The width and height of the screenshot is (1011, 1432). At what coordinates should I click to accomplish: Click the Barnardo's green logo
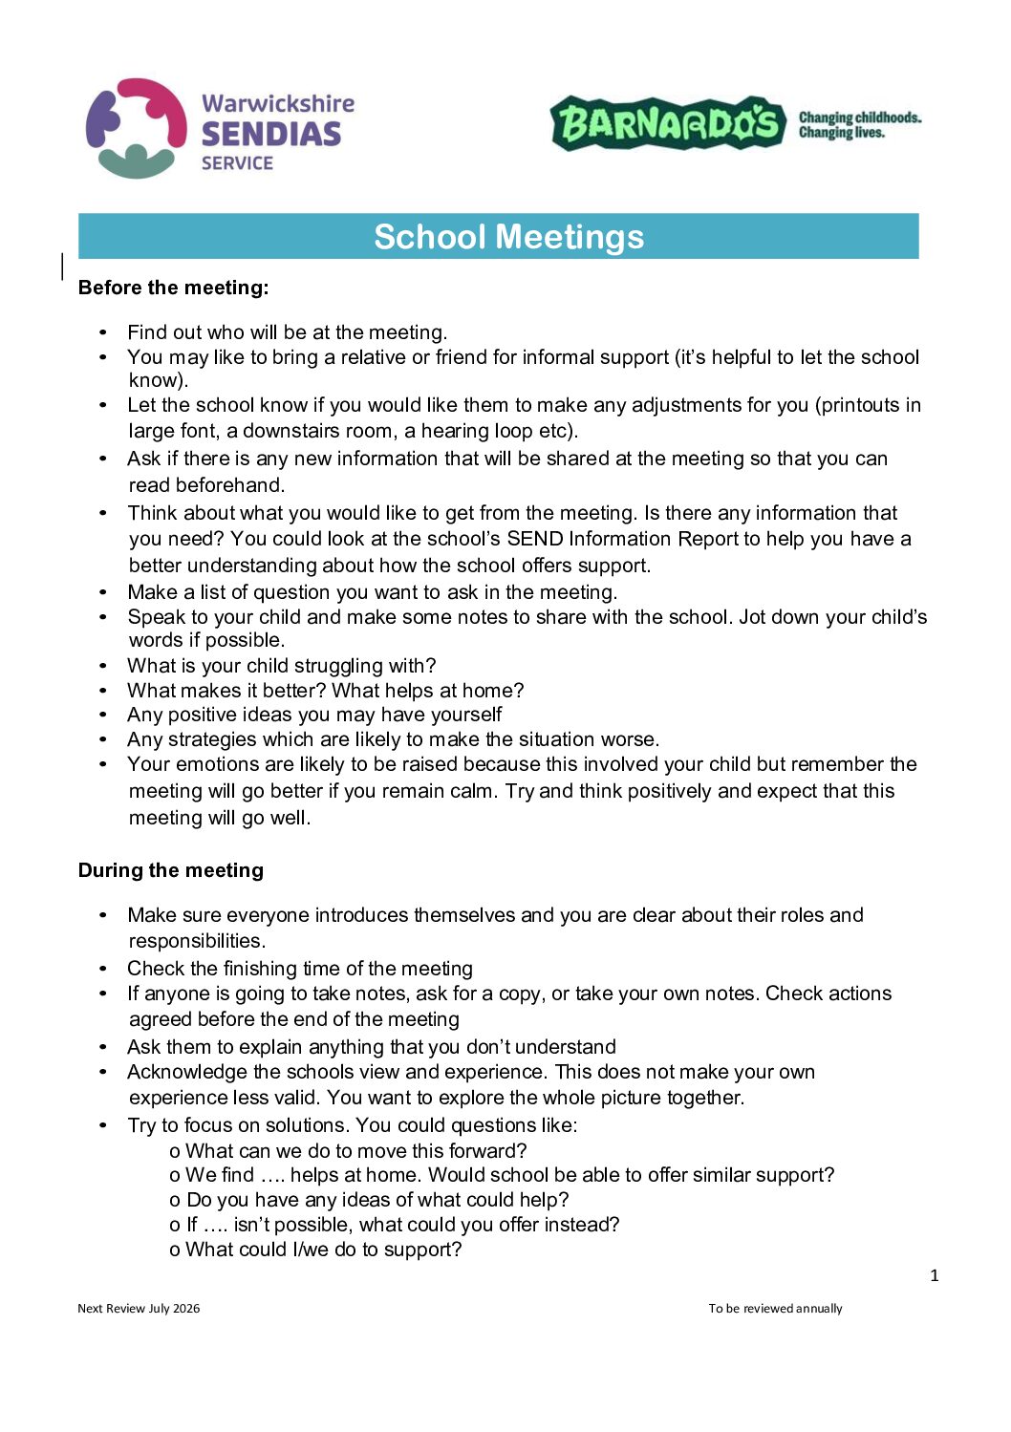pyautogui.click(x=667, y=123)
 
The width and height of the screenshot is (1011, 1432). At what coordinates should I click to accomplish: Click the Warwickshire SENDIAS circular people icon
pyautogui.click(x=137, y=128)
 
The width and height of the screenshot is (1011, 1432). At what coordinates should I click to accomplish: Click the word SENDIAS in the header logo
pyautogui.click(x=270, y=134)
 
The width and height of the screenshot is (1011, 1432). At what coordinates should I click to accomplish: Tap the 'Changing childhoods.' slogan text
pyautogui.click(x=859, y=118)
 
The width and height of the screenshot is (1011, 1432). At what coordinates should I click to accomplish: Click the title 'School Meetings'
pyautogui.click(x=508, y=237)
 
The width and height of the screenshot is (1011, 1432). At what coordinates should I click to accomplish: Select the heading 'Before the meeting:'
pyautogui.click(x=173, y=288)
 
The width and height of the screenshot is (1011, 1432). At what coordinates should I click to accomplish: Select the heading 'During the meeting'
pyautogui.click(x=170, y=870)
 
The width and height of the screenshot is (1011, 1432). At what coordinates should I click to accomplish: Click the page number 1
pyautogui.click(x=934, y=1275)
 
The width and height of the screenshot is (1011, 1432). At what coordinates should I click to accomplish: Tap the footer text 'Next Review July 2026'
pyautogui.click(x=139, y=1309)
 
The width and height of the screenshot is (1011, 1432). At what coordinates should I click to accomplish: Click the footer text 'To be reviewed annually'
pyautogui.click(x=775, y=1309)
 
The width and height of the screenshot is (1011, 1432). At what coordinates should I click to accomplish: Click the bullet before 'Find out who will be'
pyautogui.click(x=103, y=332)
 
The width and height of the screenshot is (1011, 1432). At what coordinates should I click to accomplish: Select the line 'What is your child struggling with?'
pyautogui.click(x=281, y=666)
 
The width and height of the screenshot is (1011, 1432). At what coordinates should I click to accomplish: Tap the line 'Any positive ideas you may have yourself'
pyautogui.click(x=313, y=715)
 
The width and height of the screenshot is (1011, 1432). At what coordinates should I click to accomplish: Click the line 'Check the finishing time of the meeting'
pyautogui.click(x=299, y=969)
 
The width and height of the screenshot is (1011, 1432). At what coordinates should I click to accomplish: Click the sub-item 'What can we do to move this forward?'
pyautogui.click(x=355, y=1151)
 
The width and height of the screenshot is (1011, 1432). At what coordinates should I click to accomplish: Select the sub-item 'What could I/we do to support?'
pyautogui.click(x=323, y=1250)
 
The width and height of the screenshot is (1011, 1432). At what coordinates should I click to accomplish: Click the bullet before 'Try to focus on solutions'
pyautogui.click(x=103, y=1125)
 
